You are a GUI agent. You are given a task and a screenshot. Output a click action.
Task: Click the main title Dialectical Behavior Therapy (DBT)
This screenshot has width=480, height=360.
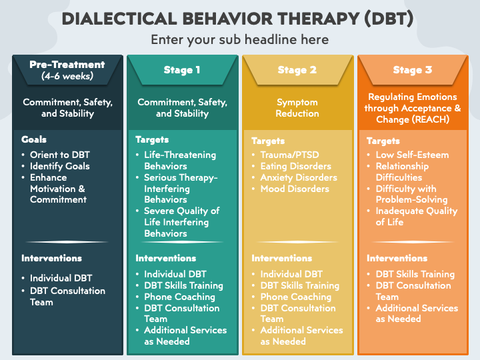tap(237, 19)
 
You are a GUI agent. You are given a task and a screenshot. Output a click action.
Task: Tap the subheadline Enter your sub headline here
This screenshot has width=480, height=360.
tap(240, 40)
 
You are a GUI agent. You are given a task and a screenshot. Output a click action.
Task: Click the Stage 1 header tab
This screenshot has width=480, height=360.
tap(182, 70)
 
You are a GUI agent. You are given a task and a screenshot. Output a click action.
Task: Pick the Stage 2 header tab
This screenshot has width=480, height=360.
tap(297, 70)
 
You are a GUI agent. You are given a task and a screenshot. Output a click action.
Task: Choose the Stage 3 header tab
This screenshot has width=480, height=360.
tap(413, 70)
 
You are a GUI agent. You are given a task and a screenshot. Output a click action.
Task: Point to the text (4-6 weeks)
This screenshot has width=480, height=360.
tap(67, 76)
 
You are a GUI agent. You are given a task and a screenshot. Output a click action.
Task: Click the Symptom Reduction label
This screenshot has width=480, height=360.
tap(297, 108)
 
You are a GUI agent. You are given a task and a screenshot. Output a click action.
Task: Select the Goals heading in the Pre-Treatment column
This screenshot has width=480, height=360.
tap(34, 139)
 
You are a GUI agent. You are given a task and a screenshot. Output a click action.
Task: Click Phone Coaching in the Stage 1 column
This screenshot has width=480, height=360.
tap(180, 297)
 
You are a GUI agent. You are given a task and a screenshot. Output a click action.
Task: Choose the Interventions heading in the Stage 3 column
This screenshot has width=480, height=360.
tap(397, 259)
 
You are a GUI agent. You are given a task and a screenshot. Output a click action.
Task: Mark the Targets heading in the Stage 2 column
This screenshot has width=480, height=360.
tap(268, 141)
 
